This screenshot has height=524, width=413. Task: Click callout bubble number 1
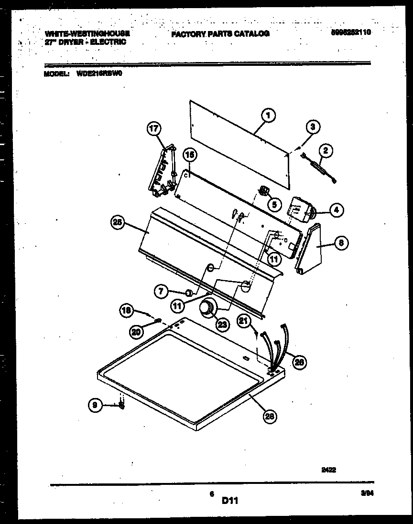[268, 115]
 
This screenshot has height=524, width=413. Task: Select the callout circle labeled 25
[117, 222]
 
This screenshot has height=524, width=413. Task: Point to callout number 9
[96, 405]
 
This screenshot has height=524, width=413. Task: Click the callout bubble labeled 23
[221, 325]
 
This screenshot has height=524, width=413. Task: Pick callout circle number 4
[337, 209]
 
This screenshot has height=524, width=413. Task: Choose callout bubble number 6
[340, 243]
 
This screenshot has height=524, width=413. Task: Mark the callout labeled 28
[270, 416]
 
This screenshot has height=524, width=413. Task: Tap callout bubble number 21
[245, 322]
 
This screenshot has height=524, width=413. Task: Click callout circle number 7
[161, 290]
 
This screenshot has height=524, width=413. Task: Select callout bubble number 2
[326, 151]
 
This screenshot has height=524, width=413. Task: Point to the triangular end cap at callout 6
[309, 251]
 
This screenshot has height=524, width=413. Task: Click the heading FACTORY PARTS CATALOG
[220, 33]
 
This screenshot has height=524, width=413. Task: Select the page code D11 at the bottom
[229, 501]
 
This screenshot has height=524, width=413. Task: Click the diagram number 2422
[328, 470]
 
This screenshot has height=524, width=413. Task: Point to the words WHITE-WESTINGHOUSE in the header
[87, 33]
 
